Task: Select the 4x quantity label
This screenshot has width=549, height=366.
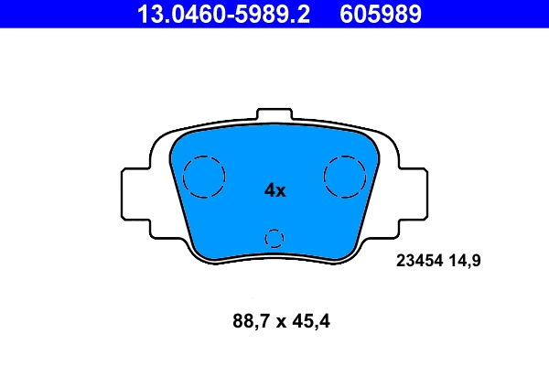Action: (274, 190)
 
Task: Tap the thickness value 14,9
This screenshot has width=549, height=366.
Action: (463, 261)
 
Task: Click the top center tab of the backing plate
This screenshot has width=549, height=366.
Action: (274, 116)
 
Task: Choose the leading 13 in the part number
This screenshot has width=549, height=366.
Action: (146, 14)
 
